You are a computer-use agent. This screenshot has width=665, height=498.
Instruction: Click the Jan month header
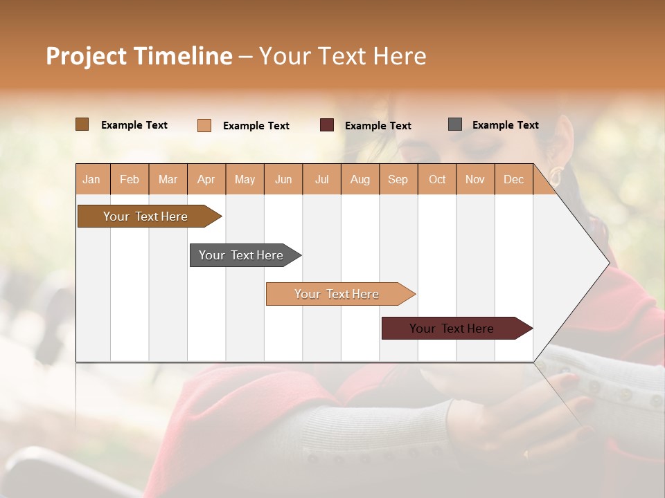pyautogui.click(x=91, y=180)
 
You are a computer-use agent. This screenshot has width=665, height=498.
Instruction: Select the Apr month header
pyautogui.click(x=206, y=180)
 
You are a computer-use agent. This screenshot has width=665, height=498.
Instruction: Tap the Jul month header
pyautogui.click(x=321, y=180)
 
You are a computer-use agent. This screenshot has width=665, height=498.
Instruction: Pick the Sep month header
pyautogui.click(x=398, y=180)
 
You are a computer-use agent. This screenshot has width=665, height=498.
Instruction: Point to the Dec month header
pyautogui.click(x=513, y=180)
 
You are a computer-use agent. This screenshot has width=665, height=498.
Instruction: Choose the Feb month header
pyautogui.click(x=130, y=180)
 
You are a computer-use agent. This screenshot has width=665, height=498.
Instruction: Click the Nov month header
pyautogui.click(x=475, y=180)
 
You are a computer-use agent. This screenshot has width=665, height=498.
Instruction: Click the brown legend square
pyautogui.click(x=82, y=124)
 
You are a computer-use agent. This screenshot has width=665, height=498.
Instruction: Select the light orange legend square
pyautogui.click(x=204, y=125)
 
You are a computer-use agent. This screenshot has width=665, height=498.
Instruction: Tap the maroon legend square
pyautogui.click(x=327, y=125)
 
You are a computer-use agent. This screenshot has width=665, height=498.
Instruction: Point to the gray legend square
pyautogui.click(x=455, y=124)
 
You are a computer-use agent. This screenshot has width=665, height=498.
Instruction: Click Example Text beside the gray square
pyautogui.click(x=505, y=125)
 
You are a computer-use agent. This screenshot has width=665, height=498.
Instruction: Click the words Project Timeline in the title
pyautogui.click(x=139, y=56)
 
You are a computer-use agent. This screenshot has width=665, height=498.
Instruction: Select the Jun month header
pyautogui.click(x=283, y=180)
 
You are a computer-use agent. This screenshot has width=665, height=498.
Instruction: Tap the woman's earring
pyautogui.click(x=556, y=173)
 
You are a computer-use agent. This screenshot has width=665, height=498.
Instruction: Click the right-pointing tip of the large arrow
pyautogui.click(x=608, y=263)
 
